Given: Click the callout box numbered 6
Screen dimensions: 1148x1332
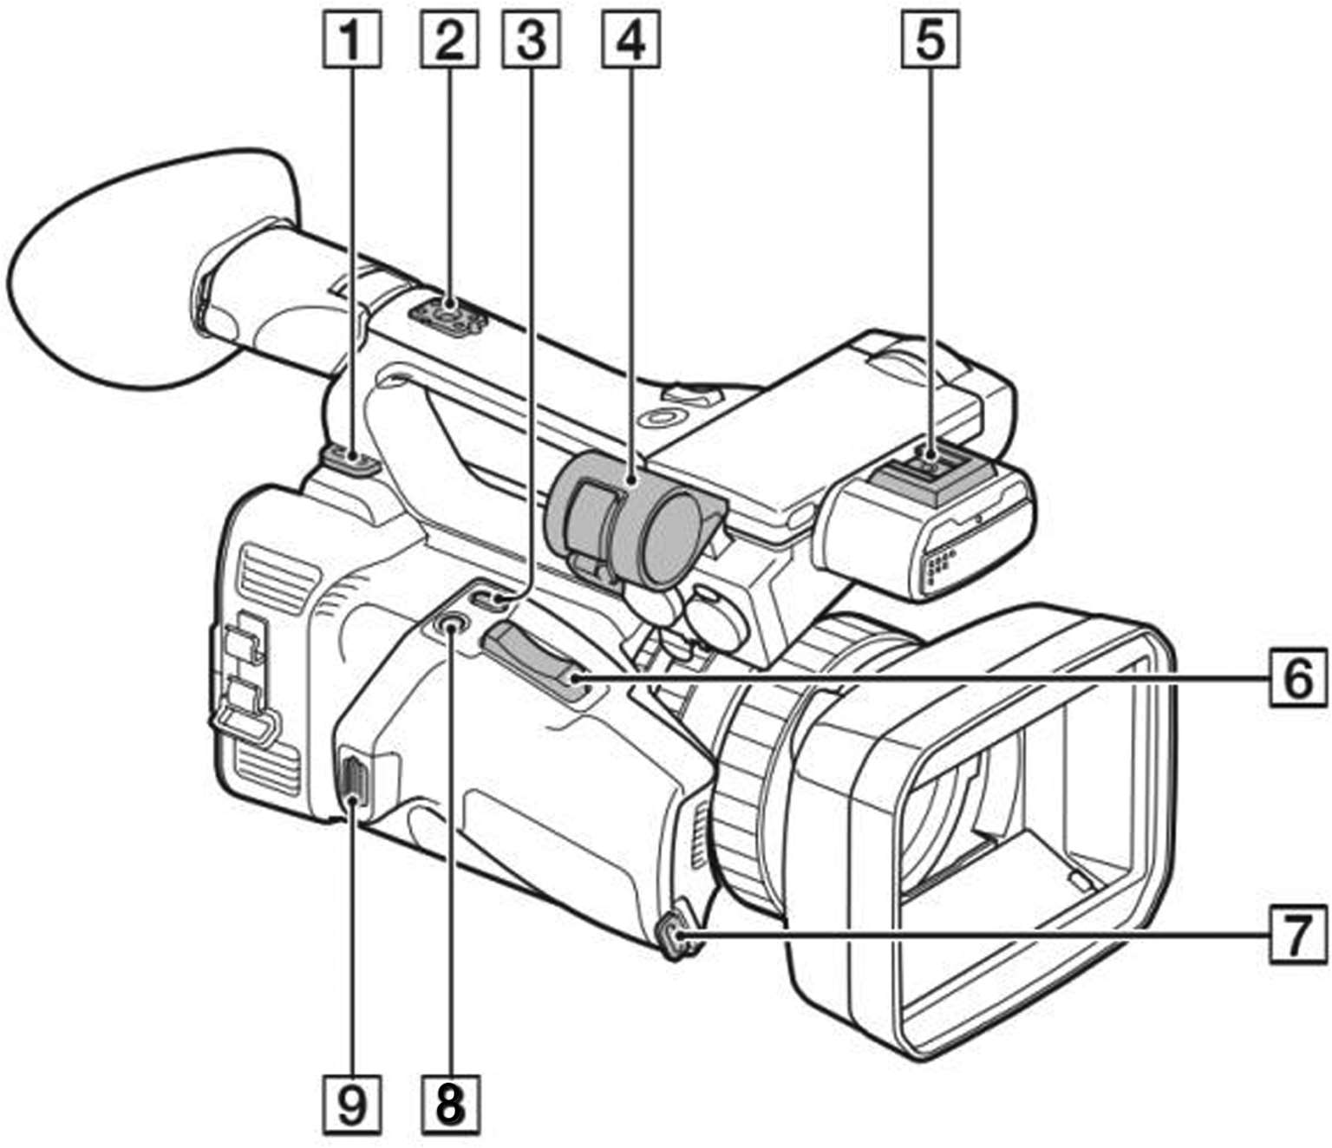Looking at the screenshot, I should pyautogui.click(x=1298, y=678).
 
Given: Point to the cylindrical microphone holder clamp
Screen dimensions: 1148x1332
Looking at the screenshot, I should pyautogui.click(x=629, y=520).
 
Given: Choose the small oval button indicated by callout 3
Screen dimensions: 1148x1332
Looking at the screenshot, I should pyautogui.click(x=490, y=598).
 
